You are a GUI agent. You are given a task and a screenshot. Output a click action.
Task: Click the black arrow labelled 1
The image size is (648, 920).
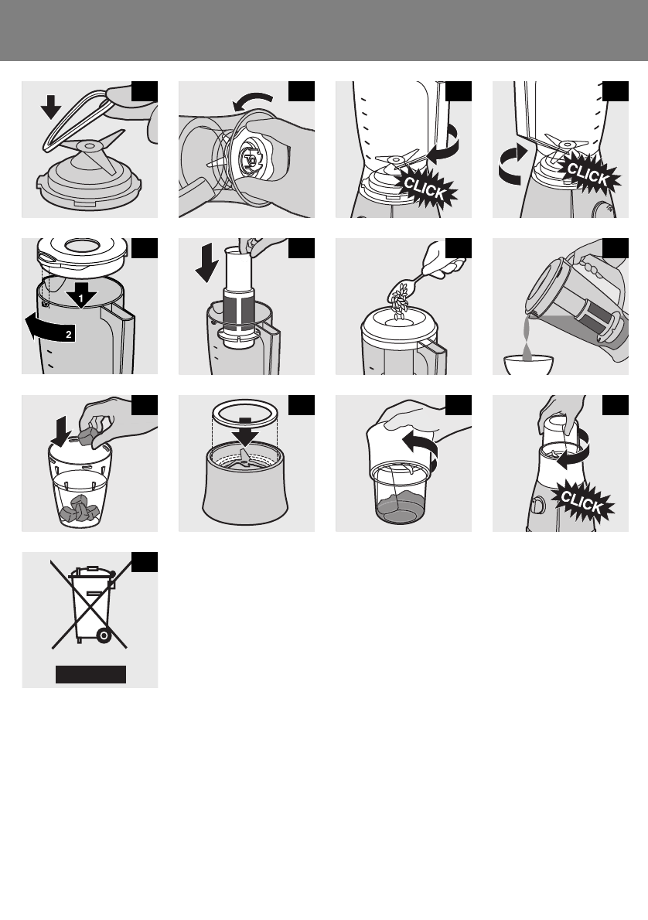[x=81, y=295]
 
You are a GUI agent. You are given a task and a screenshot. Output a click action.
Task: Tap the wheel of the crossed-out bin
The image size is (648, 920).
[x=104, y=635]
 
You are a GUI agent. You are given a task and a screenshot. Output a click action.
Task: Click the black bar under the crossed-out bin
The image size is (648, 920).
[x=91, y=674]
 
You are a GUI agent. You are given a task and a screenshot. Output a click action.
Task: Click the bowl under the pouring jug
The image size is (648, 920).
[x=529, y=365]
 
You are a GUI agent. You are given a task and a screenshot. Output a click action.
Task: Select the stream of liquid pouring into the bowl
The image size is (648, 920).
[x=527, y=337]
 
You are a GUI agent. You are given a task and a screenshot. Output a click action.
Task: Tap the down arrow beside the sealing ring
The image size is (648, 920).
[x=51, y=107]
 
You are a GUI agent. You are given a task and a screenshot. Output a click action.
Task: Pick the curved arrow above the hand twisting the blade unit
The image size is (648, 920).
[x=252, y=101]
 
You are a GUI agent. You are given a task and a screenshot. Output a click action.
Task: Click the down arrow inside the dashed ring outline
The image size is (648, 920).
[x=245, y=432]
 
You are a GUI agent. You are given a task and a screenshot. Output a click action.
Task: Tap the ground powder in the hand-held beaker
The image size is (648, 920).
[x=401, y=507]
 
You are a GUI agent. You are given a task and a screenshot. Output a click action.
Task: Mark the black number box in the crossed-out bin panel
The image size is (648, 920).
[x=145, y=561]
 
